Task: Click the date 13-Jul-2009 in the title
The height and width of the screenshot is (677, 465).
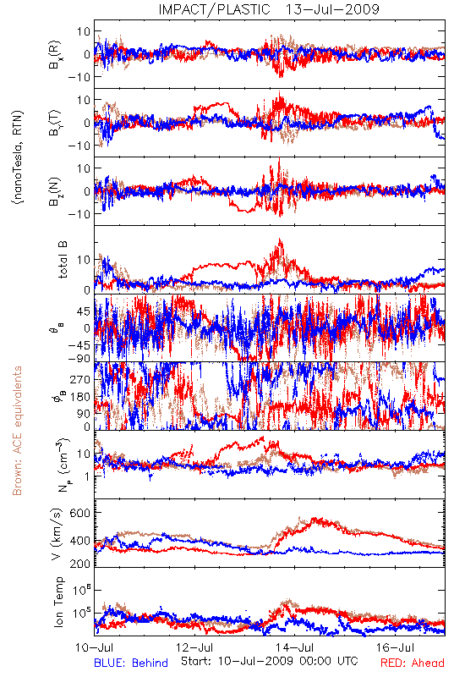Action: tap(332, 9)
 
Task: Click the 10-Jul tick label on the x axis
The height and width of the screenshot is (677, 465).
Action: tap(95, 647)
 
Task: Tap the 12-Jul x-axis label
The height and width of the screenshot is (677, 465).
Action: tap(194, 647)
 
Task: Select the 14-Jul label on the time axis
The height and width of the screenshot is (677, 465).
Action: tap(295, 647)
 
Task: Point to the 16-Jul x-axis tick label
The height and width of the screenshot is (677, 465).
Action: tap(395, 647)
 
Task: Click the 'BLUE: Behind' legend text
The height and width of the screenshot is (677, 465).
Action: tap(131, 663)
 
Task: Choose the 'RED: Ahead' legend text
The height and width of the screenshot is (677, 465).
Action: tap(413, 663)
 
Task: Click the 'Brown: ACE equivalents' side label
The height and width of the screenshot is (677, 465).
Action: tap(17, 431)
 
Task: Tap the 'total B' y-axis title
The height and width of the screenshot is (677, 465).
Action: tap(63, 260)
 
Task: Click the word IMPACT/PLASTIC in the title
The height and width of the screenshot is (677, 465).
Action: tap(215, 9)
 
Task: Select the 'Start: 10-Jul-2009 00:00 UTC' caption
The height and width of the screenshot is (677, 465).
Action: tap(270, 661)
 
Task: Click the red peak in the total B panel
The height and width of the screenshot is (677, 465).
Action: tap(281, 240)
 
